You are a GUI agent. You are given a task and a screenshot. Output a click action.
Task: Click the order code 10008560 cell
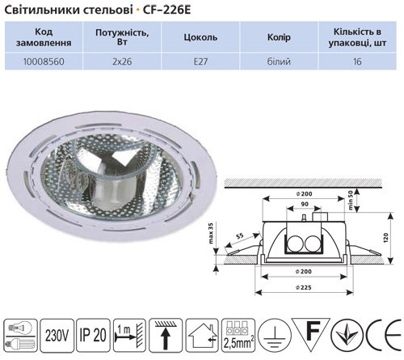(44, 61)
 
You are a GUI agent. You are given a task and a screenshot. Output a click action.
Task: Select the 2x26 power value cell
(122, 61)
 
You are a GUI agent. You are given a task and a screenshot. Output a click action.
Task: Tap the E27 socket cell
(200, 61)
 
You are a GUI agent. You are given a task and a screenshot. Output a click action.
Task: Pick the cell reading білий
(279, 61)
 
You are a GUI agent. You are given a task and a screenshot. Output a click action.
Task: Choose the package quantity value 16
(357, 61)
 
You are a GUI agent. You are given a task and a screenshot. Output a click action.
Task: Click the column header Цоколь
(200, 37)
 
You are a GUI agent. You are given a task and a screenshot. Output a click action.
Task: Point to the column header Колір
(279, 37)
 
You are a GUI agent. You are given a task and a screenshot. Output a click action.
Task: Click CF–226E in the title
(166, 11)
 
